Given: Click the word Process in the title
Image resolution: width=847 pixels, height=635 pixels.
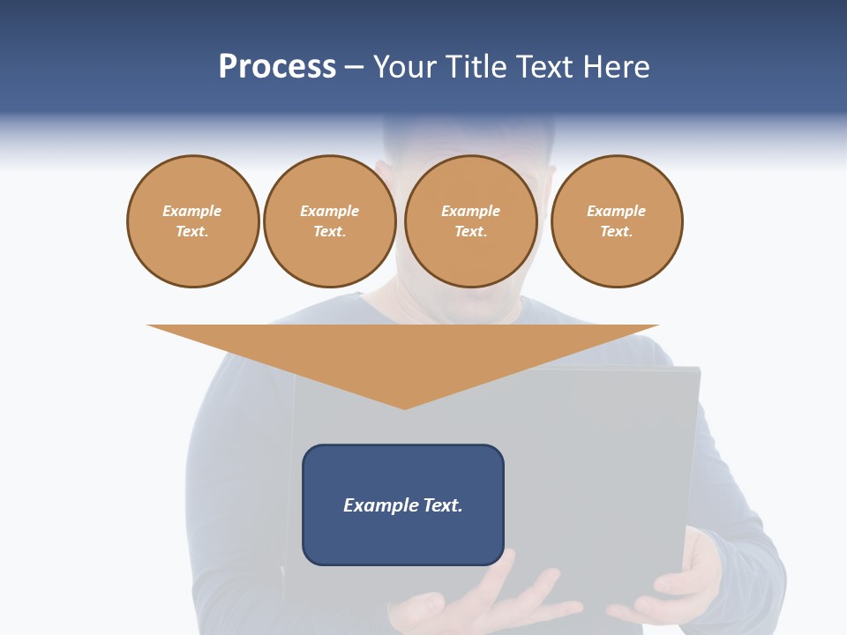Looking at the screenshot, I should tap(277, 67).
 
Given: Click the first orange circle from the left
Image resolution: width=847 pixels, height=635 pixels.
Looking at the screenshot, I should tap(192, 221).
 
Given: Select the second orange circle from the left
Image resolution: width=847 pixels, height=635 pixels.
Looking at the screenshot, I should tap(329, 221).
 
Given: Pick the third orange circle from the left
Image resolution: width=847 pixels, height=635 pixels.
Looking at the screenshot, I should tap(470, 221).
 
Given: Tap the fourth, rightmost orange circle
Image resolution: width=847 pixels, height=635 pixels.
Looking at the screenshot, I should tap(617, 221).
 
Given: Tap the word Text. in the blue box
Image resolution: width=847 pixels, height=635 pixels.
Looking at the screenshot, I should tap(442, 505).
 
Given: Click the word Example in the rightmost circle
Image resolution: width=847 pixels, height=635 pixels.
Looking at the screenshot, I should tap(617, 211).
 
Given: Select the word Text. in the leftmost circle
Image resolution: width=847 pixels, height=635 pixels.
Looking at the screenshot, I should tap(192, 232).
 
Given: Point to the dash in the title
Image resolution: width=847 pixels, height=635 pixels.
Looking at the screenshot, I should tap(354, 67).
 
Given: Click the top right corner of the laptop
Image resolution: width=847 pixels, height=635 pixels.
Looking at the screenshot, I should tap(698, 370).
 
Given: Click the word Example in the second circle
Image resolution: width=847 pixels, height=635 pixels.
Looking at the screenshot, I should tap(329, 211).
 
